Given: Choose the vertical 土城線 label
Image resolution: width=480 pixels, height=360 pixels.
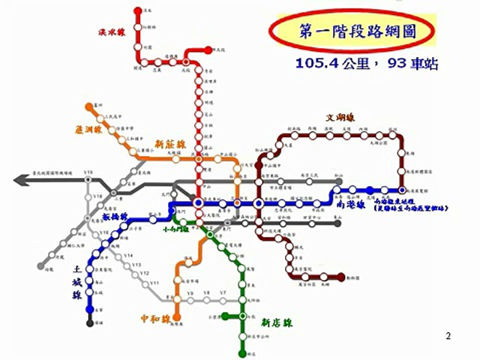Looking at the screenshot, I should (x=74, y=280).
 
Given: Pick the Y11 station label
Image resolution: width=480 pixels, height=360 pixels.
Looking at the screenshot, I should (x=154, y=283).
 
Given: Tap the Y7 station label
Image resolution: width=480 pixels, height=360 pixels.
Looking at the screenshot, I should (x=223, y=292).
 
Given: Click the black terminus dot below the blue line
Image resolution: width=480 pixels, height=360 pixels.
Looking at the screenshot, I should (x=90, y=323).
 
